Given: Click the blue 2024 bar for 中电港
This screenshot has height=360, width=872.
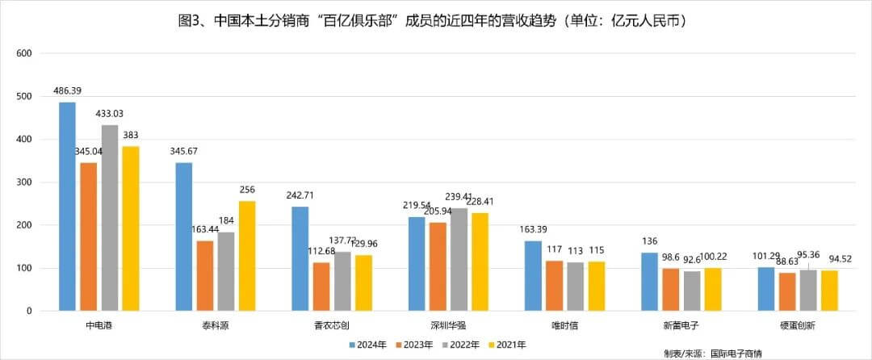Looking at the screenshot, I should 68,207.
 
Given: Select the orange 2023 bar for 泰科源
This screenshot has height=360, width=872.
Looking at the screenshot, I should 205,275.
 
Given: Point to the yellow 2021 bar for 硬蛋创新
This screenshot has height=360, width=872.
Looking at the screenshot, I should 829,291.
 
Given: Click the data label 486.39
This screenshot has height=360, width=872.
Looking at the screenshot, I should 68,90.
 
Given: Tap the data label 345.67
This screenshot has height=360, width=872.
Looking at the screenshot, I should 184,152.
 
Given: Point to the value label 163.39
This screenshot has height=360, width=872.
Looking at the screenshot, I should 535,229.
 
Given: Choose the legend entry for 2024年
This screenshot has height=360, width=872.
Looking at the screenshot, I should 365,345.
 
